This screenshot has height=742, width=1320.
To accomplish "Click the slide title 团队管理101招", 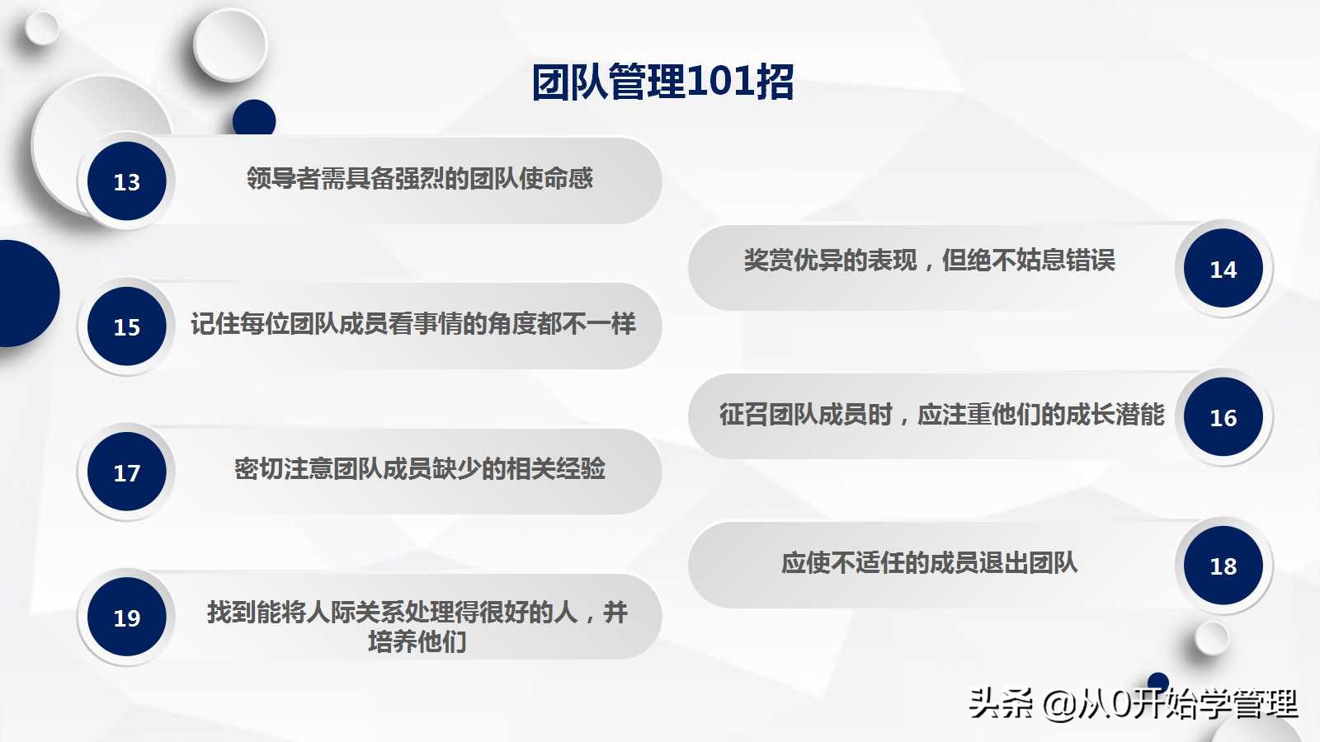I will (662, 82).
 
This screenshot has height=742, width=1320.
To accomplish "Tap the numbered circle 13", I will (127, 181).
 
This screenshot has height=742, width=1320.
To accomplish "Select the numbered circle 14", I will (1223, 269).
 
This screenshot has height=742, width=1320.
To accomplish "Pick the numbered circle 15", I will (127, 326).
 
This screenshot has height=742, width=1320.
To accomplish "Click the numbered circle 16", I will (1223, 417).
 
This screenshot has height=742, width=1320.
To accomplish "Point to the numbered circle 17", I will (127, 472).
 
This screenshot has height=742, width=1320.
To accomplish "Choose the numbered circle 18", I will (1223, 566).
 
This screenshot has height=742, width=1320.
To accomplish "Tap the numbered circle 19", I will (127, 618).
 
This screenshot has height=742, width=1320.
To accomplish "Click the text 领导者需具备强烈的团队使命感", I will (420, 178).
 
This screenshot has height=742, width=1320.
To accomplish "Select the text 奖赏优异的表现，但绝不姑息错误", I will (929, 261).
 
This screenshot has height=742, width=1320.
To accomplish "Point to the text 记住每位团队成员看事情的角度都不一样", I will (413, 324).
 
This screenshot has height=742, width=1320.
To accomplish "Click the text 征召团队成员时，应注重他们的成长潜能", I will (941, 414).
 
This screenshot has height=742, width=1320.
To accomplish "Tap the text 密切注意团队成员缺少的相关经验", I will (420, 469).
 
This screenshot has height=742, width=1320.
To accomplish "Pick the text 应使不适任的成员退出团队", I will (929, 563).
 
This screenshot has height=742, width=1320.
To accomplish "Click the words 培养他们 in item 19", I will (417, 641).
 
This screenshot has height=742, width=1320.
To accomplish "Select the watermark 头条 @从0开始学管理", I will (1133, 703).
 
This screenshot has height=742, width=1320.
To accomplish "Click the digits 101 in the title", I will (719, 82).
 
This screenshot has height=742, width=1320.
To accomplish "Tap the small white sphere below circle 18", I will (1211, 637).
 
